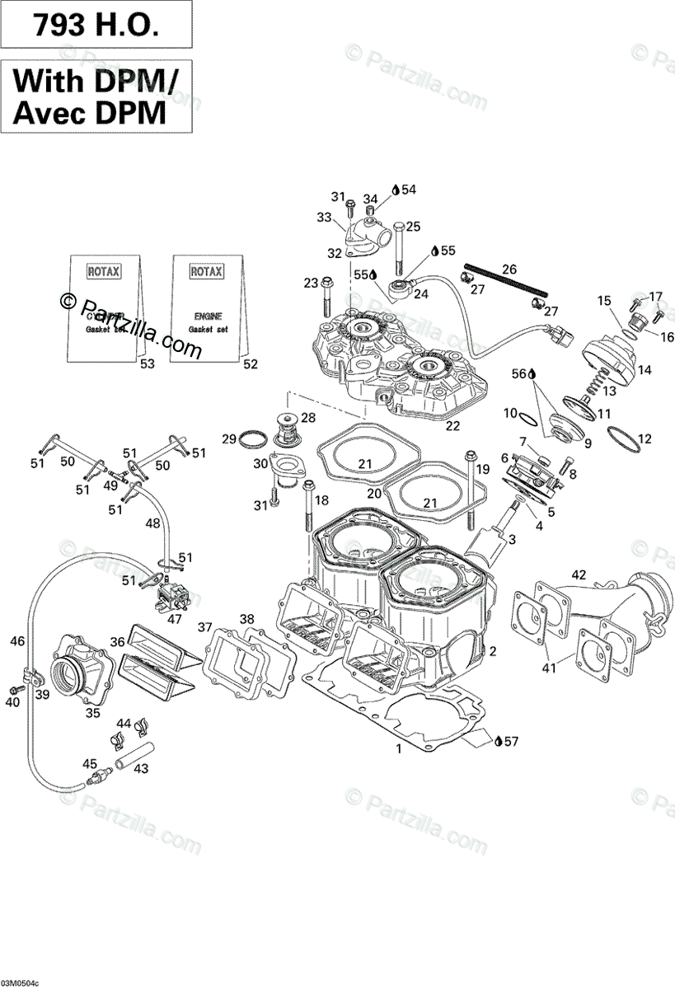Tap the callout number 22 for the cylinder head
click(x=452, y=426)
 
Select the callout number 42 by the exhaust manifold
click(x=579, y=574)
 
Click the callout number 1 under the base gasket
click(x=399, y=749)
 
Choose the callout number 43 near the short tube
click(x=141, y=768)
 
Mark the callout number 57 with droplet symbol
click(x=511, y=742)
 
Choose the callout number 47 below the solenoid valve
click(x=175, y=618)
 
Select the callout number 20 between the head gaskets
click(x=373, y=494)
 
